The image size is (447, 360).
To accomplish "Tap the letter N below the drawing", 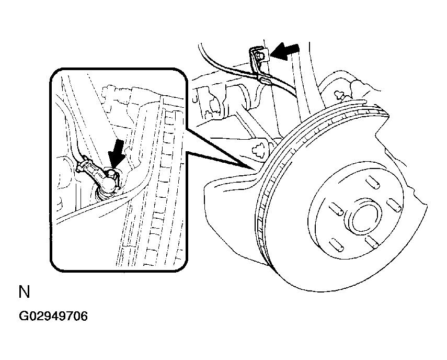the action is coord(24,292).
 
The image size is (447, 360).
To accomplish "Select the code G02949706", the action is coord(53,316).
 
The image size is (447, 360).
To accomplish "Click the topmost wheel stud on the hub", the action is coord(372,182).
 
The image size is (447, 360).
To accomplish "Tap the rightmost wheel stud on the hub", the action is coord(394,205).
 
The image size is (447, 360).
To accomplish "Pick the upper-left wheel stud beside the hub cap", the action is coord(336,209).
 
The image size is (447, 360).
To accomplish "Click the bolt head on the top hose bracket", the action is coord(260,56).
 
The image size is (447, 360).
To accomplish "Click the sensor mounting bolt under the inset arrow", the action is coord(112,173).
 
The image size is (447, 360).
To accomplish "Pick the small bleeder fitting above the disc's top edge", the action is coord(340,95).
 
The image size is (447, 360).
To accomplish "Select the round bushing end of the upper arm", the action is coord(242,97).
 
